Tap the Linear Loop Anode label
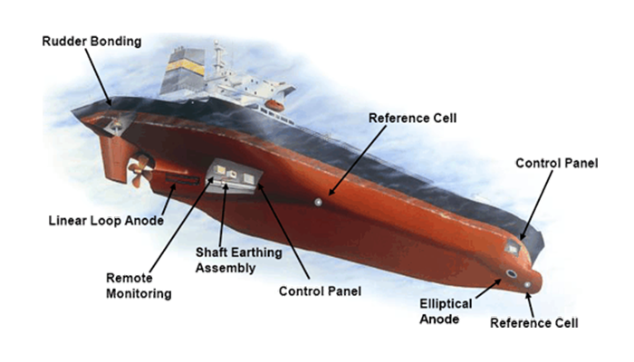105,221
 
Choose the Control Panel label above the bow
556,163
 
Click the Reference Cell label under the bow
533,322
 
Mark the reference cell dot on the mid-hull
318,202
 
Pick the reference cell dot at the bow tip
529,285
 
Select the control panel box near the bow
513,246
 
